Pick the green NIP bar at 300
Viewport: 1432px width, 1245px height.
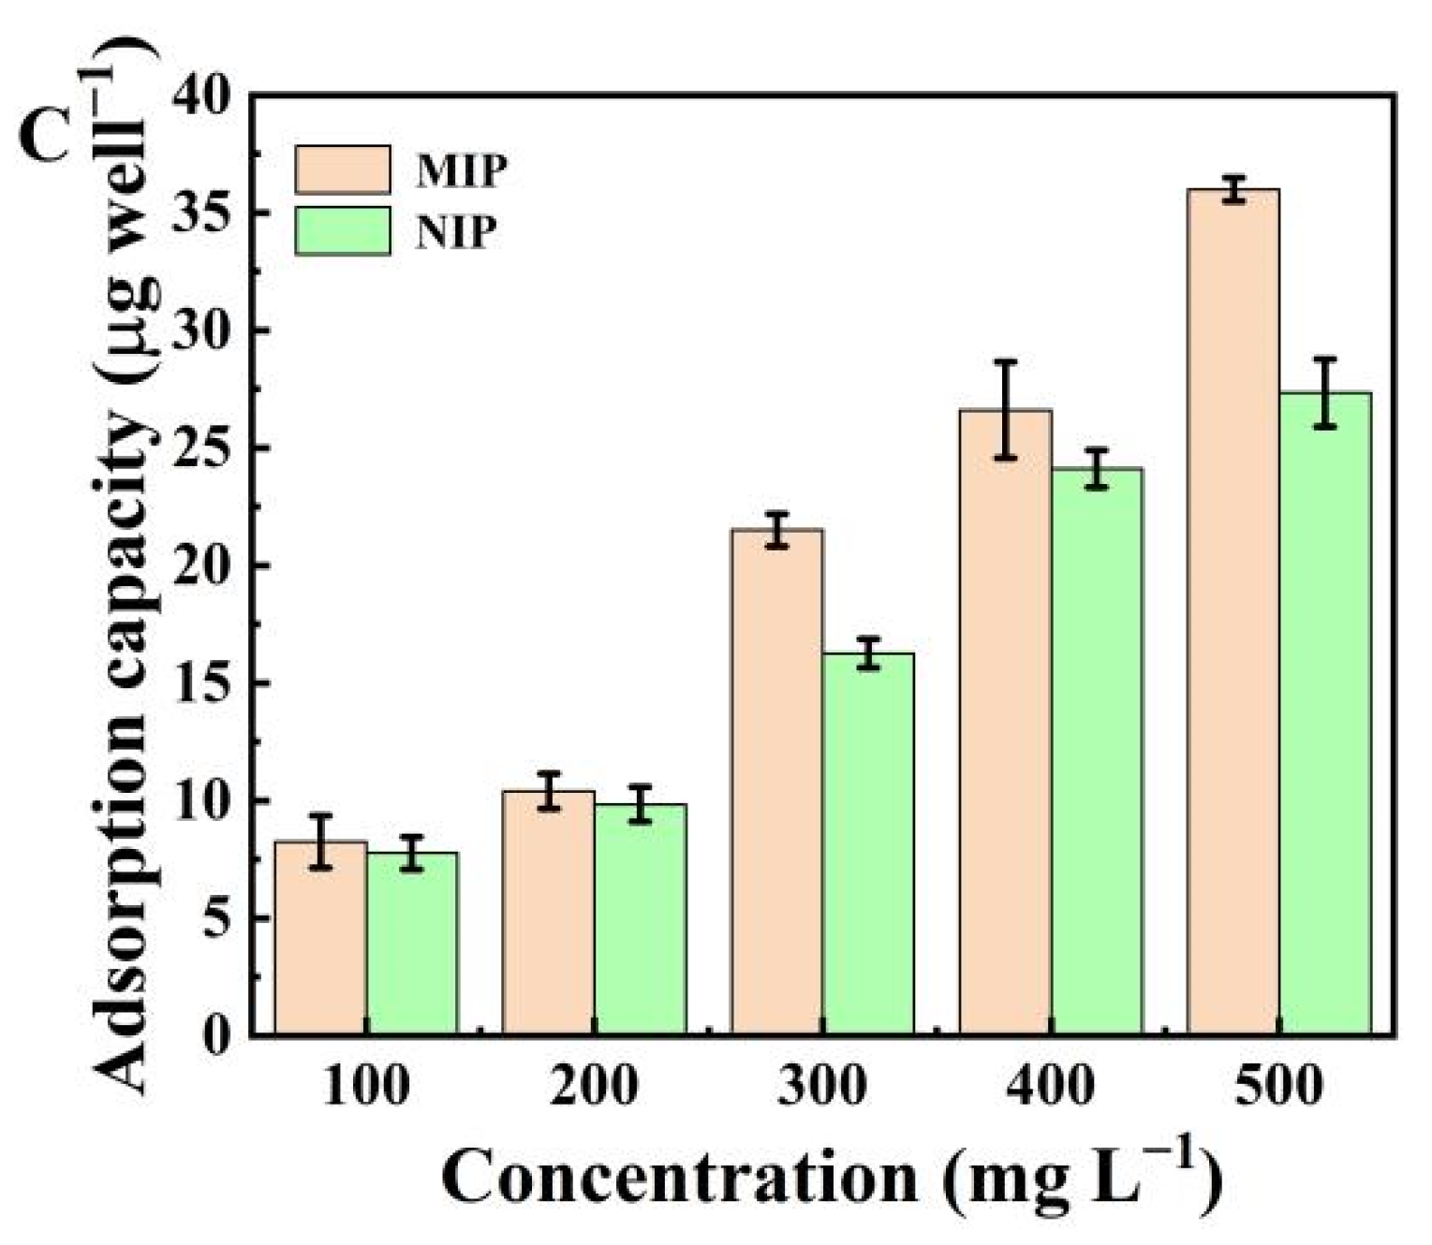coord(868,843)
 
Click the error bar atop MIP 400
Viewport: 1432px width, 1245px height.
coord(1005,410)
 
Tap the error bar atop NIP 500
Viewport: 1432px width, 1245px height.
coord(1324,393)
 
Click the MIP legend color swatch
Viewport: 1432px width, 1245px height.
coord(343,169)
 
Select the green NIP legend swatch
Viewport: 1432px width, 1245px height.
coord(343,230)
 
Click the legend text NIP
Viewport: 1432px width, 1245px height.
coord(456,231)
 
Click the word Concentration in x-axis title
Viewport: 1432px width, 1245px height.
coord(680,1177)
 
